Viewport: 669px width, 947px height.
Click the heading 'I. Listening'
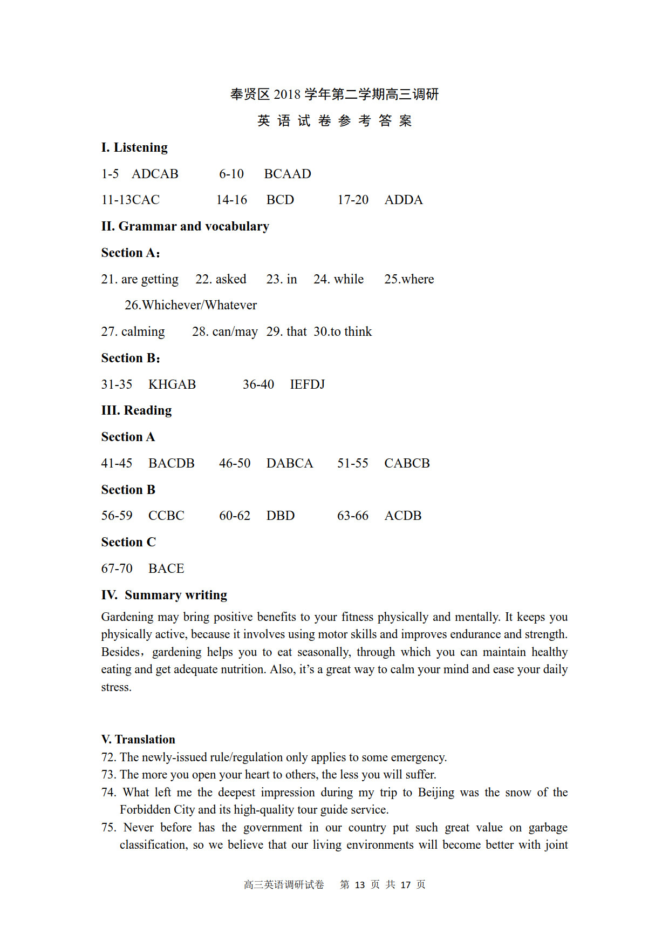(134, 147)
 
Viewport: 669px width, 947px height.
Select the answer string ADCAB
(155, 174)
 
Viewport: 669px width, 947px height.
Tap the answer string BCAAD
(288, 174)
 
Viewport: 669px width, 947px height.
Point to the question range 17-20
(353, 200)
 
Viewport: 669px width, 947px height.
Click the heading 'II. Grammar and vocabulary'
(185, 226)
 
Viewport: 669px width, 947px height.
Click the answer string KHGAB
(172, 384)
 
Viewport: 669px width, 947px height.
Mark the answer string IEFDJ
(308, 384)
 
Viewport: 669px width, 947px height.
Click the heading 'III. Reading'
(136, 410)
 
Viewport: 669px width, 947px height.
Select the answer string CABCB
(407, 463)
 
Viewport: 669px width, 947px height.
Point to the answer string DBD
(281, 516)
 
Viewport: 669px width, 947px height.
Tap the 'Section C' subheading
(128, 542)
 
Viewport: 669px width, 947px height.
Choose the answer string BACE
(166, 569)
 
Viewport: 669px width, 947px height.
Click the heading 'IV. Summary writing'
(164, 595)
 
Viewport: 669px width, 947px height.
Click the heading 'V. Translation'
(138, 739)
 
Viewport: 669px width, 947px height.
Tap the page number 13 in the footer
(360, 885)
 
